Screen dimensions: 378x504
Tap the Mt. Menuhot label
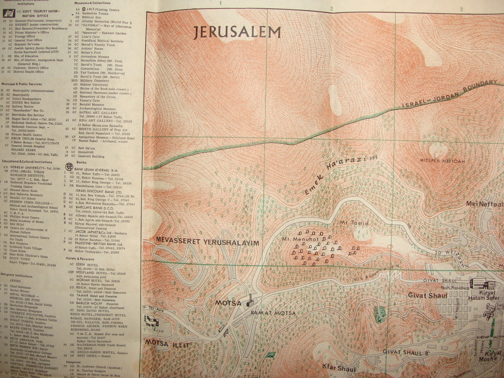295,239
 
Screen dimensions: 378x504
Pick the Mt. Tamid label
354,223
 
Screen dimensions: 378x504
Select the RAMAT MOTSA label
273,313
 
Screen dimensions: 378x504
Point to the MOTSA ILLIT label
167,345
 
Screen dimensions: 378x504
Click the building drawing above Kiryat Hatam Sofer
482,283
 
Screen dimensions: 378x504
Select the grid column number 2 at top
332,9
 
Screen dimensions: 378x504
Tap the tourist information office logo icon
8,13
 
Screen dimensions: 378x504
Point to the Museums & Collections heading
92,3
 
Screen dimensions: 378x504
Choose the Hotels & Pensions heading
80,259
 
